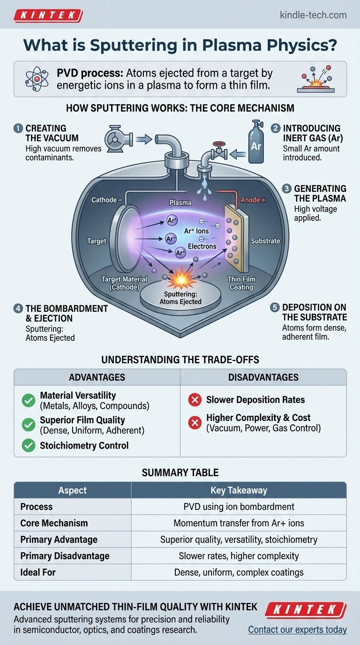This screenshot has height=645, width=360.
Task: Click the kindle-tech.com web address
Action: [313, 15]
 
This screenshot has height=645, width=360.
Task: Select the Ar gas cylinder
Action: [256, 142]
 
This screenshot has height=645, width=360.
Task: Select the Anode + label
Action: [253, 200]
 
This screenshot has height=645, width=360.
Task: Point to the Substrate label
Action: [265, 241]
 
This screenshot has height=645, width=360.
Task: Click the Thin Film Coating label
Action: [241, 283]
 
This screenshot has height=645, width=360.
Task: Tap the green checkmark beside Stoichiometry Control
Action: [28, 445]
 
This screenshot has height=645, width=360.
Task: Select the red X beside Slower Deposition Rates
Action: [195, 400]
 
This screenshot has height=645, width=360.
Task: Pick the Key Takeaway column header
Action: [239, 490]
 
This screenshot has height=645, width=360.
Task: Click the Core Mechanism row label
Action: [54, 523]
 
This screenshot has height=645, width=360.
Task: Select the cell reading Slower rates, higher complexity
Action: [239, 556]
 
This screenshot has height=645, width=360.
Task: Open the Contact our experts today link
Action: [297, 630]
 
